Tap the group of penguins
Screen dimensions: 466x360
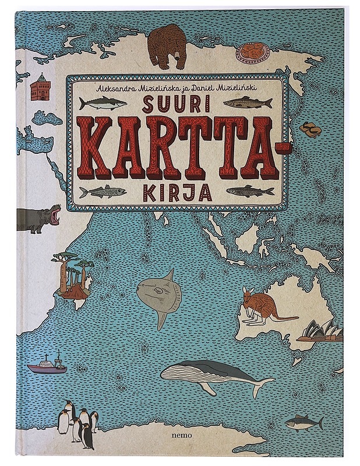pyautogui.click(x=76, y=424)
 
